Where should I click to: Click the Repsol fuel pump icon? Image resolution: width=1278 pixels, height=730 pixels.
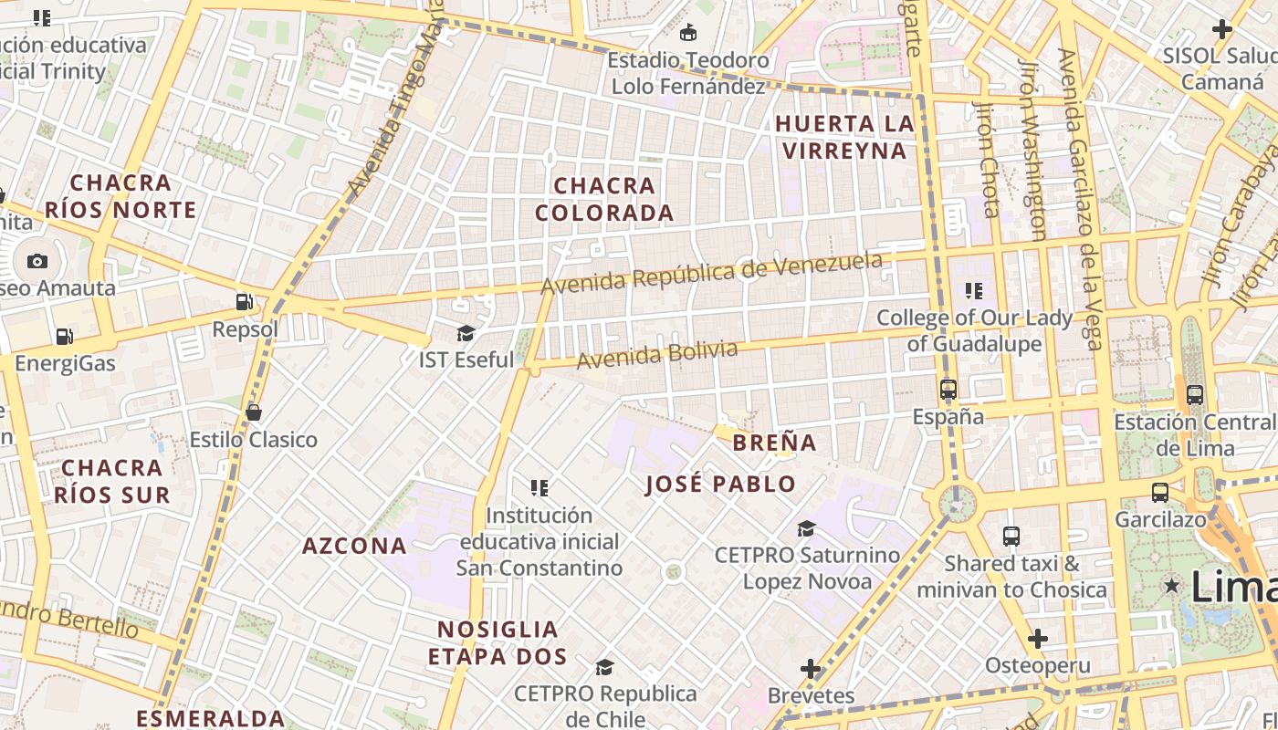click(x=245, y=301)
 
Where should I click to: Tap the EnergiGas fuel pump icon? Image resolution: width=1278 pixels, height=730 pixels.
click(x=64, y=336)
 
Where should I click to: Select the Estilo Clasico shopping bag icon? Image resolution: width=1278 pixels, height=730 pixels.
click(x=254, y=412)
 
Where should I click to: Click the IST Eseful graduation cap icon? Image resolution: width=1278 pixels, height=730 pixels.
click(x=466, y=333)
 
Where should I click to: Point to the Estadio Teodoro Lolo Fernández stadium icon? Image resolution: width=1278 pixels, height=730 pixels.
click(x=688, y=33)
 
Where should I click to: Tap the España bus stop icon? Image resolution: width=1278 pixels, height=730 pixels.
click(x=948, y=390)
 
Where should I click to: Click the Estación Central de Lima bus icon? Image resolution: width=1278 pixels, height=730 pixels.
click(x=1194, y=395)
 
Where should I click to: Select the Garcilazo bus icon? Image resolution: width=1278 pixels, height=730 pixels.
click(x=1159, y=493)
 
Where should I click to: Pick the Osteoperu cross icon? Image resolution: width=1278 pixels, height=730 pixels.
click(x=1037, y=639)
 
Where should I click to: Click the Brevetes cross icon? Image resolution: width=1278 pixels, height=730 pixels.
click(x=811, y=669)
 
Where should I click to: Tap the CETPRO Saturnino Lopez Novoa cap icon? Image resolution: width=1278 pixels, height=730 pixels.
click(x=806, y=528)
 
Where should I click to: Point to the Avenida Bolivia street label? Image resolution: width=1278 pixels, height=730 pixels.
click(x=656, y=355)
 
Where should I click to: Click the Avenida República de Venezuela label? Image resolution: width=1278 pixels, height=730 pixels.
click(x=712, y=273)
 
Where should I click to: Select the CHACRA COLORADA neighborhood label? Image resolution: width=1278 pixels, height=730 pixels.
click(x=604, y=199)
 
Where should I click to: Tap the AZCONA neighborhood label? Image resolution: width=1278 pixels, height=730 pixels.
click(x=354, y=546)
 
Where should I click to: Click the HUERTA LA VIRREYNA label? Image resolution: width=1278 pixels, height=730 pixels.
click(x=844, y=137)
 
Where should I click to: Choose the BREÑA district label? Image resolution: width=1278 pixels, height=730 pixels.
click(x=774, y=443)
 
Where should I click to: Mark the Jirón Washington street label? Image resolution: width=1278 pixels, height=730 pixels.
click(x=1032, y=151)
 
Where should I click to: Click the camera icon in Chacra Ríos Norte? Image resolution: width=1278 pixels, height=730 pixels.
click(x=37, y=261)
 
